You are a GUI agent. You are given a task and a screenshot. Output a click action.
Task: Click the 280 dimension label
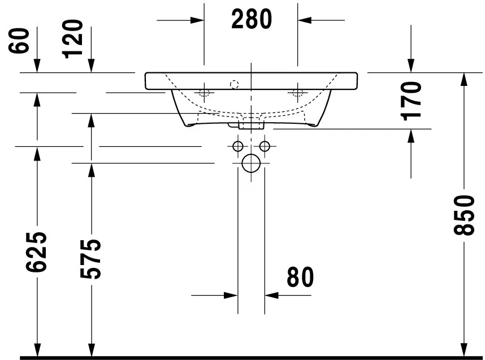[x=252, y=20]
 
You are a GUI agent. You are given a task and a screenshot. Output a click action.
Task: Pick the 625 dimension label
[x=37, y=252]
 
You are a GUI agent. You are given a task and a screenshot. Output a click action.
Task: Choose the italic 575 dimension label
[x=90, y=259]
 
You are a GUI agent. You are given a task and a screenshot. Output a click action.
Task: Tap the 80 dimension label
[x=300, y=277]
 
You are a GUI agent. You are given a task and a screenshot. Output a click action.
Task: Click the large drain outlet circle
[x=250, y=164]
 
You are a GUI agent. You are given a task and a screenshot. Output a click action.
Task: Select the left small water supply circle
[x=237, y=147]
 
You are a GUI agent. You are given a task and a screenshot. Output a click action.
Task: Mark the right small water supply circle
[x=264, y=147]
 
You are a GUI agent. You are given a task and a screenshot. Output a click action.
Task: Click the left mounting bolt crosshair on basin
[x=205, y=92]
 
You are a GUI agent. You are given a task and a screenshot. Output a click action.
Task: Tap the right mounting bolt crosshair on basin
[x=297, y=92]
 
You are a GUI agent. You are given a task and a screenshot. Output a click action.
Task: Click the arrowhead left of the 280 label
[x=197, y=20]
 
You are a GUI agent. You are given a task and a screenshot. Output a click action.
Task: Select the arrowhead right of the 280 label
[x=305, y=20]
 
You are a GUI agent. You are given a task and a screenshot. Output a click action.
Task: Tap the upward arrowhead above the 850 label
[x=464, y=79]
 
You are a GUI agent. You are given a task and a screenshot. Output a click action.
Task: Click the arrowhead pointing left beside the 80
[x=271, y=295]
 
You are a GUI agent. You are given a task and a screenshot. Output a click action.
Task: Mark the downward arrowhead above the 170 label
[x=411, y=67]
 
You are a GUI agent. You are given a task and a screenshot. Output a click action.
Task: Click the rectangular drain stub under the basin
[x=250, y=124]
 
